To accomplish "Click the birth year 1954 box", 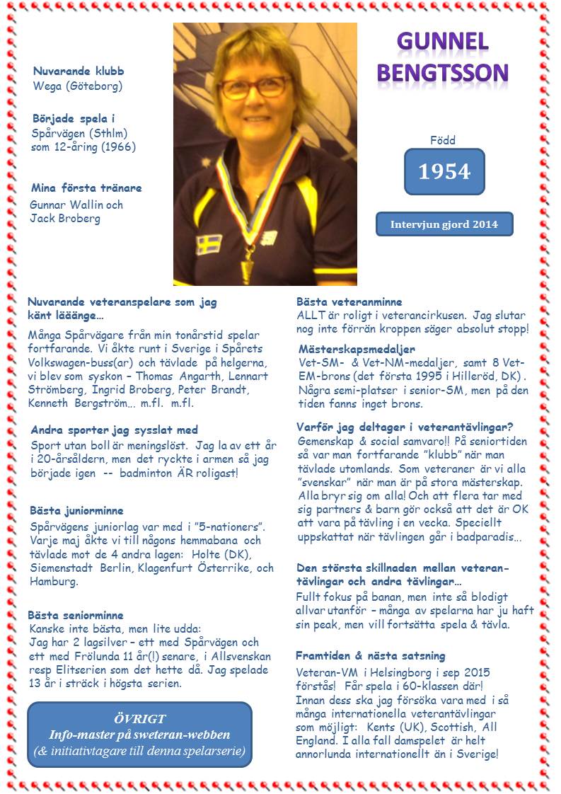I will coord(444,171).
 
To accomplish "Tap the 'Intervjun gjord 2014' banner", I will coord(444,224).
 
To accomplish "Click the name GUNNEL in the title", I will coord(443,42).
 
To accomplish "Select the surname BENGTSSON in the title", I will coord(443,71).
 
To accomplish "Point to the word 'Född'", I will coord(443,140).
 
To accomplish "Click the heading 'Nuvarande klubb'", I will coord(79,71).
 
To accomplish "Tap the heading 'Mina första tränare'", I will coord(86,188).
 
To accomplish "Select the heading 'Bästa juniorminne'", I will coord(76,510).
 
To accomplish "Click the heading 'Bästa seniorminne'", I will coord(76,615).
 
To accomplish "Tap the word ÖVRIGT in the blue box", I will coord(139,719).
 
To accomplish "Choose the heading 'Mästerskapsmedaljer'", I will coord(357,350).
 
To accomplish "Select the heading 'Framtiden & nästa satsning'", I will coord(370,656).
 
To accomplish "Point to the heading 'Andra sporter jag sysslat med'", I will coord(114,430).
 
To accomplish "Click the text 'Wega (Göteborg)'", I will coord(78,86).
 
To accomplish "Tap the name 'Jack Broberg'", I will coord(65,218).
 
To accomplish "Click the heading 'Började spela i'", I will coord(74,118).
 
